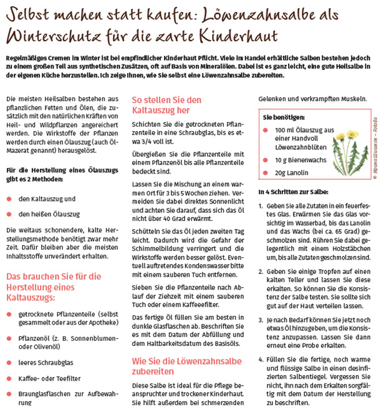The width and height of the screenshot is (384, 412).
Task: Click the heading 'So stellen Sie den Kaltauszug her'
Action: (168, 105)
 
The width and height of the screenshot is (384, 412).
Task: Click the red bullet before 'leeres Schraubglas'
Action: (9, 361)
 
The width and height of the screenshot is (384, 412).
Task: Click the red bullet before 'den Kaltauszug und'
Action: (9, 199)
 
